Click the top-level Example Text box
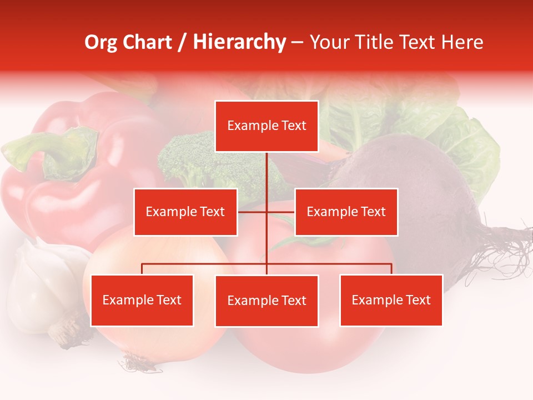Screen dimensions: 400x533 pos(266,126)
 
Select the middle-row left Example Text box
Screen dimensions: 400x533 pos(185,212)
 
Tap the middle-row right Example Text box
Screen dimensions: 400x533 pos(346,212)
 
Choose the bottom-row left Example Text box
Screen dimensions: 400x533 pos(142,300)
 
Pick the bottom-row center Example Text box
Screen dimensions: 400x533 pos(266,301)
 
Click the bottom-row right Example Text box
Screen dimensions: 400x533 pos(391,300)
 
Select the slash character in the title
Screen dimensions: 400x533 pos(182,42)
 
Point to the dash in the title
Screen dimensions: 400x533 pos(297,42)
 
